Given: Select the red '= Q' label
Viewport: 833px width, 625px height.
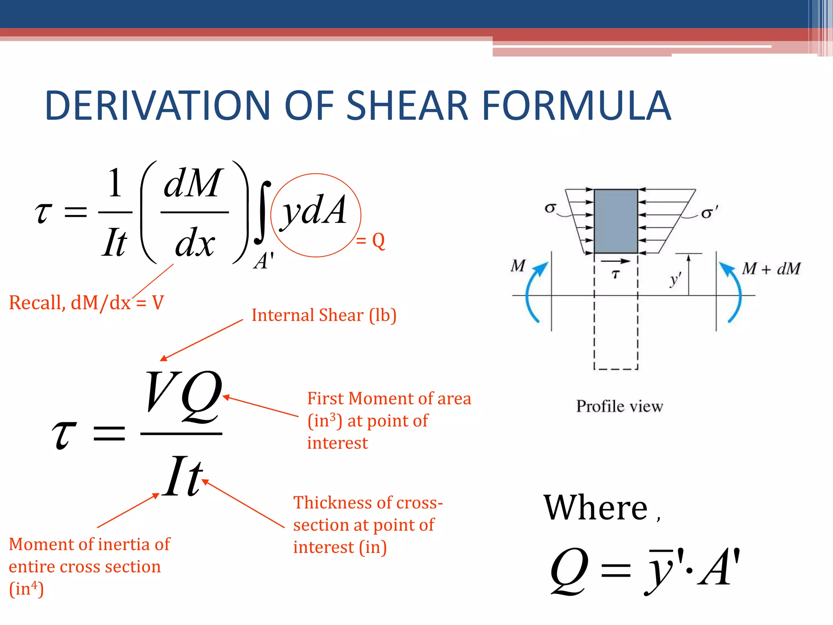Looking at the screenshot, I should click(370, 241).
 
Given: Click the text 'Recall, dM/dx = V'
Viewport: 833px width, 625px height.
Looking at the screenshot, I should click(86, 303).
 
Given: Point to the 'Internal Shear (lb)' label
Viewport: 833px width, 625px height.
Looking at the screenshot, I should click(324, 315).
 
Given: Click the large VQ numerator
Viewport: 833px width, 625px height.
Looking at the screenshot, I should click(183, 397).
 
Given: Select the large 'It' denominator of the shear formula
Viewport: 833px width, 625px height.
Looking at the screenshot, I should click(183, 476).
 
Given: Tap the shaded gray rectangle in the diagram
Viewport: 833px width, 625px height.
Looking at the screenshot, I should click(616, 221).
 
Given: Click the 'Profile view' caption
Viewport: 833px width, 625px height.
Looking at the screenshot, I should click(619, 406).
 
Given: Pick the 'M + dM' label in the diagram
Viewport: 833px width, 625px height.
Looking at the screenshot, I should click(771, 269).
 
